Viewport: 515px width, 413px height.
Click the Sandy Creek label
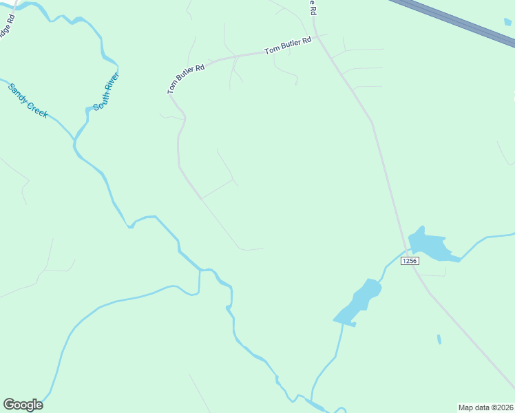pos(28,100)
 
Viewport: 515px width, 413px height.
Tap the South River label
pos(107,92)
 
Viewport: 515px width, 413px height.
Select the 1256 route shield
pos(410,261)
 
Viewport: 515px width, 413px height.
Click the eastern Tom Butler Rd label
pos(288,46)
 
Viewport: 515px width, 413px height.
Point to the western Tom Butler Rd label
pos(186,78)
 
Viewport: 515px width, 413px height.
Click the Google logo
pos(23,405)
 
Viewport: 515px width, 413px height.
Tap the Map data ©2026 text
pos(485,407)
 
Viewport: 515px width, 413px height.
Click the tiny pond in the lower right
pos(439,339)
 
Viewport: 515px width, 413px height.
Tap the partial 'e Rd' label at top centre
pos(312,7)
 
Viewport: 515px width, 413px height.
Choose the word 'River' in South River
pos(112,83)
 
